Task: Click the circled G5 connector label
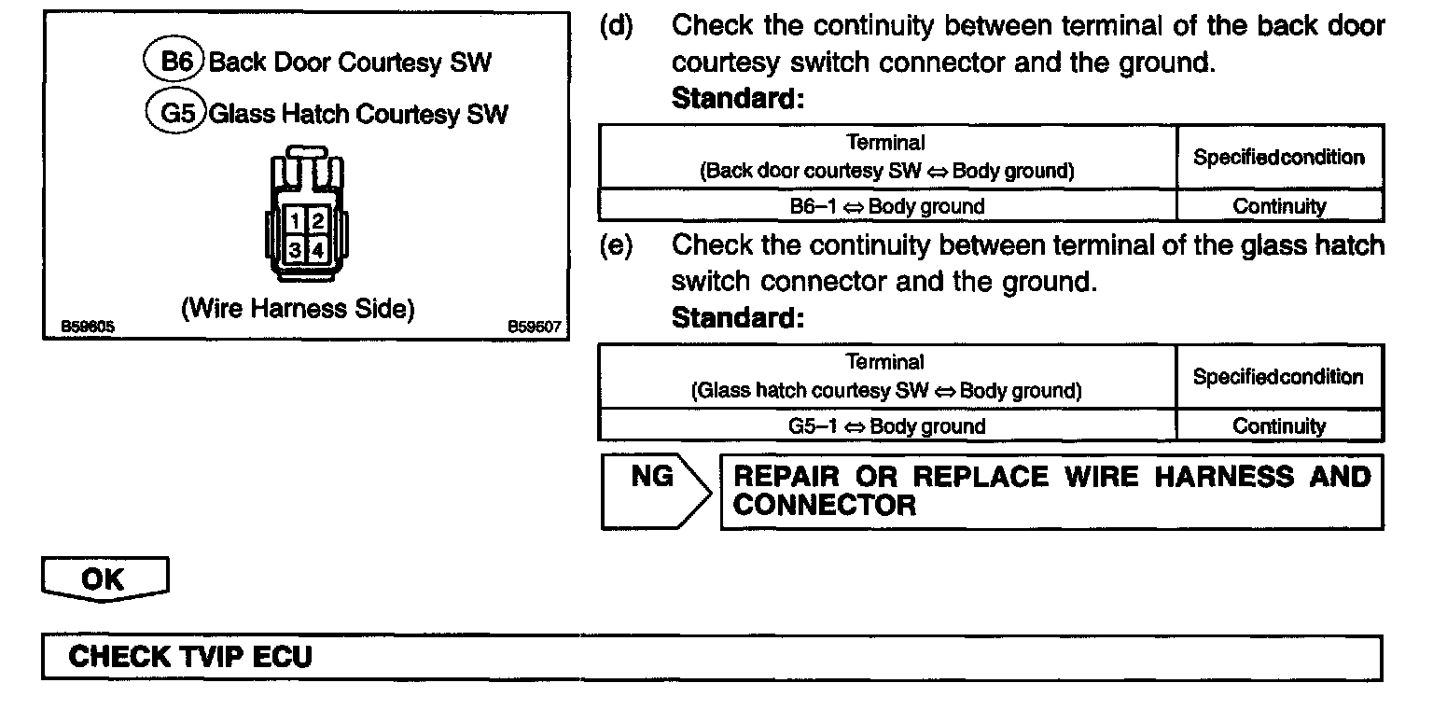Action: click(175, 113)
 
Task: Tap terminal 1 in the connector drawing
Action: click(295, 222)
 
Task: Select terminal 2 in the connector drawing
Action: click(317, 222)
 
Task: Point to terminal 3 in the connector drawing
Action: click(295, 249)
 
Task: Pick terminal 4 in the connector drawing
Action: click(317, 249)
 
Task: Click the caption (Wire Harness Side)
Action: click(298, 309)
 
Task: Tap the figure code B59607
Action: click(534, 327)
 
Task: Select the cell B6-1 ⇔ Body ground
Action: click(886, 206)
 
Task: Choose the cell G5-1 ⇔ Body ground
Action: click(886, 426)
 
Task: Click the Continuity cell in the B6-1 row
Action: click(1279, 206)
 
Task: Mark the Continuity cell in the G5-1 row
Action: click(1279, 426)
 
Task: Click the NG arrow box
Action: click(654, 490)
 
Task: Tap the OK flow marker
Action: click(104, 579)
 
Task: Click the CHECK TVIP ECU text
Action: click(190, 657)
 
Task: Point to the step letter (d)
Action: click(616, 26)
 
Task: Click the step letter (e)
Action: click(616, 246)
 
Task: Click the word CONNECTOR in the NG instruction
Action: click(825, 506)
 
